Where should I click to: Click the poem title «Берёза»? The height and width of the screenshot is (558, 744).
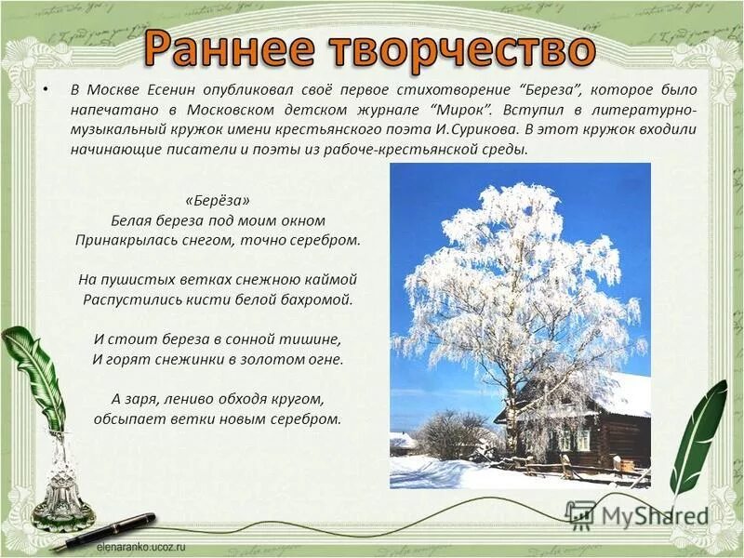coord(217,201)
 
